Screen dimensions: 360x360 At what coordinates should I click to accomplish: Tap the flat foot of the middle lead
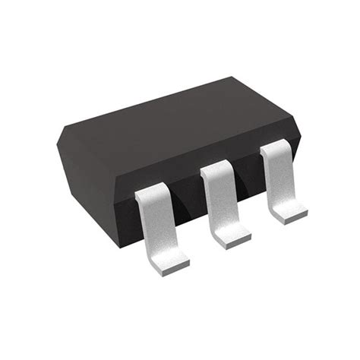[231, 232]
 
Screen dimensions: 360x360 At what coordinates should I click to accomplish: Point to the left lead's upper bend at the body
[150, 195]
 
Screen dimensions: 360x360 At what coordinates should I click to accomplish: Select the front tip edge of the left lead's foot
[173, 267]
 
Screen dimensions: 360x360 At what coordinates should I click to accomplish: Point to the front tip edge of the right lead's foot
[293, 219]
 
